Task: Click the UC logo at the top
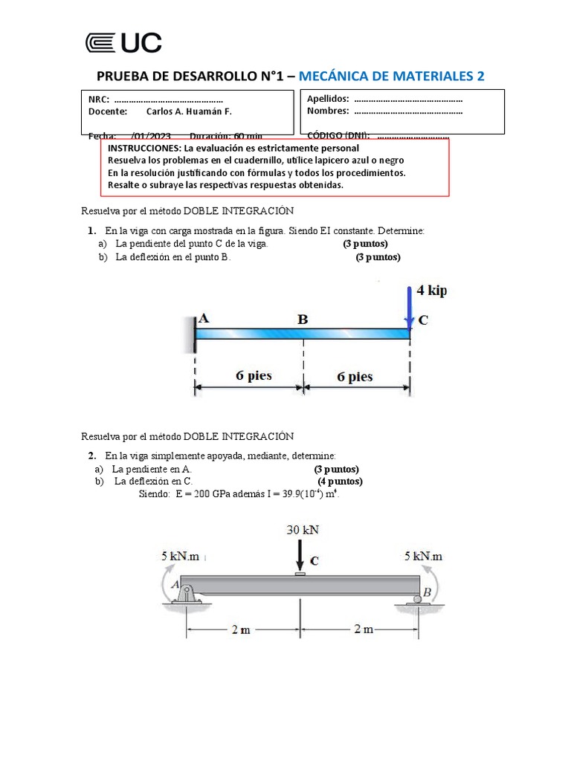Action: point(123,43)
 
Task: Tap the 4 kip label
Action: point(432,291)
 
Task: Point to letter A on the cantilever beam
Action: point(204,317)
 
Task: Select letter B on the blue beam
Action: point(303,320)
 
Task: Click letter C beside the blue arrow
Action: point(423,321)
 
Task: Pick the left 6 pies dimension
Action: point(254,376)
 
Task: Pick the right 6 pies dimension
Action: point(355,377)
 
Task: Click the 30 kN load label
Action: point(303,530)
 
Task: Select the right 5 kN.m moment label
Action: point(423,555)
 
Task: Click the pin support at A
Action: point(186,595)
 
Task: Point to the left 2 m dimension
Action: point(240,629)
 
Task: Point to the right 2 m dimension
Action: point(364,629)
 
